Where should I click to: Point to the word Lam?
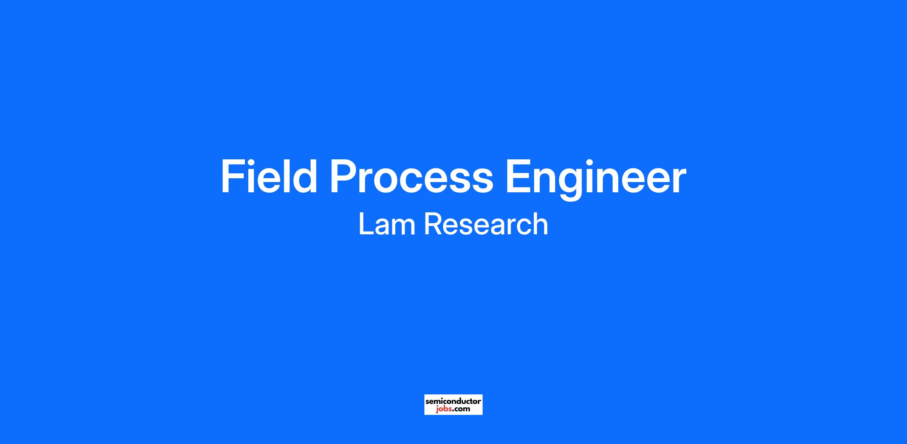(387, 224)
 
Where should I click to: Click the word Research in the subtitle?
(486, 224)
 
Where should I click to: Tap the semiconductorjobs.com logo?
(453, 405)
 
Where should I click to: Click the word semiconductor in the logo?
(453, 401)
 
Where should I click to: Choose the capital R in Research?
(433, 224)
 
